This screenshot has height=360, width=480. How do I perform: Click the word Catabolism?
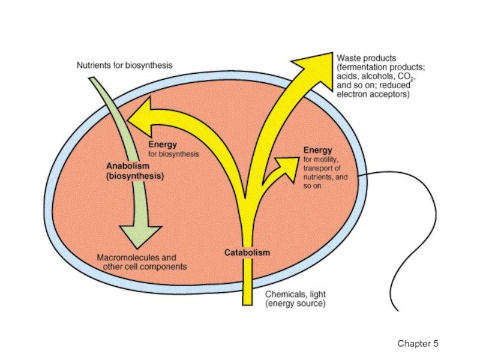tap(247, 253)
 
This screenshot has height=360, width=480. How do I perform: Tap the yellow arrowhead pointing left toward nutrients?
tap(141, 118)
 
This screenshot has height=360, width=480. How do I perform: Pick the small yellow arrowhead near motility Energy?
tap(289, 163)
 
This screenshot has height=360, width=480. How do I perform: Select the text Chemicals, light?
tap(296, 295)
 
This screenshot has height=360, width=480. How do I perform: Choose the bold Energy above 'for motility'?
tap(317, 150)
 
